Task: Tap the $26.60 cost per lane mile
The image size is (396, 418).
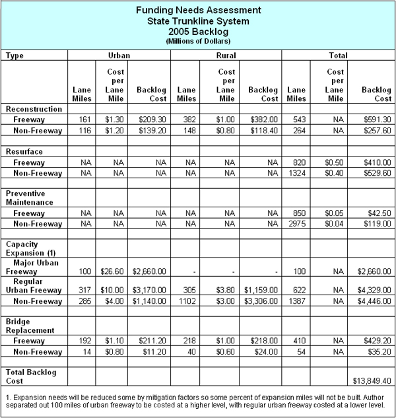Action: click(115, 271)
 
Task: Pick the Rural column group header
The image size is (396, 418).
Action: click(226, 56)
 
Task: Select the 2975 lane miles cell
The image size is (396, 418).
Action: click(296, 224)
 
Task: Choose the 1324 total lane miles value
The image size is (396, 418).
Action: click(296, 173)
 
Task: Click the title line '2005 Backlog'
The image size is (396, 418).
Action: click(197, 31)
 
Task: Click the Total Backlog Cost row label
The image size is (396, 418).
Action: click(31, 377)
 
